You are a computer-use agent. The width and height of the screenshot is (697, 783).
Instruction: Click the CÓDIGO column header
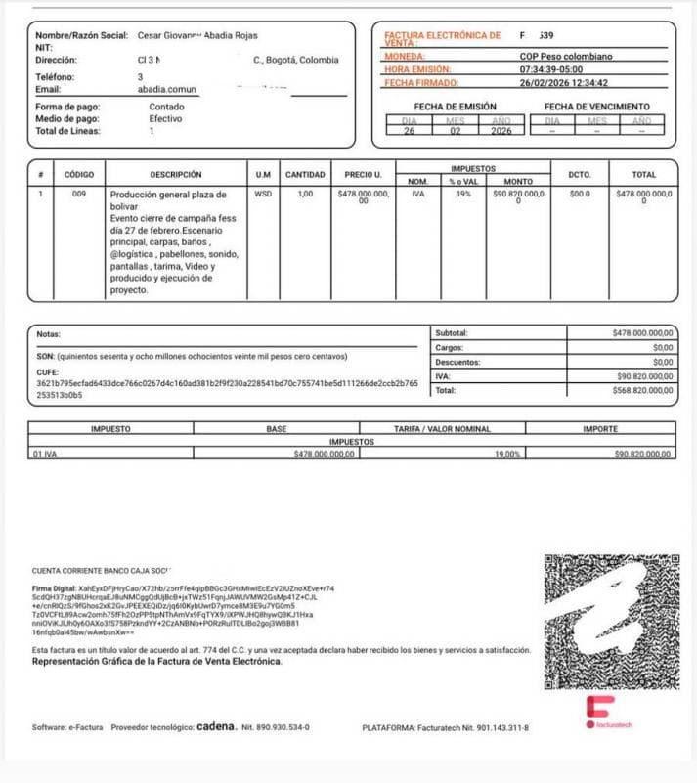[78, 174]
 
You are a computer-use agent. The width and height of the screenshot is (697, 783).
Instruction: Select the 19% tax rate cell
[461, 194]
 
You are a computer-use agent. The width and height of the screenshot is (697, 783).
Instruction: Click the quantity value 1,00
[305, 194]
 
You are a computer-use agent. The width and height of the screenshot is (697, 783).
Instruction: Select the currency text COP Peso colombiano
[567, 57]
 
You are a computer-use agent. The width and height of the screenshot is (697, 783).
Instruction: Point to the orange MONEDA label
[405, 57]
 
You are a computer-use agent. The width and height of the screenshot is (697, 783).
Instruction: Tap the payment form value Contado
[166, 107]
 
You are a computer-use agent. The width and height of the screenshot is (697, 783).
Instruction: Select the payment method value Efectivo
[165, 118]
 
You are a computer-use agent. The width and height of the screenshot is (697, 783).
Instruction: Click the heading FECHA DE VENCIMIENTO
[596, 107]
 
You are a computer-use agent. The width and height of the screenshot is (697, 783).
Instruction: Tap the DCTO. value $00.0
[580, 194]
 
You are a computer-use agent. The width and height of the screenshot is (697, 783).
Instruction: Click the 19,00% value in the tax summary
[507, 454]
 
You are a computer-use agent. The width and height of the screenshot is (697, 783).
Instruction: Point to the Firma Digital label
[56, 588]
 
